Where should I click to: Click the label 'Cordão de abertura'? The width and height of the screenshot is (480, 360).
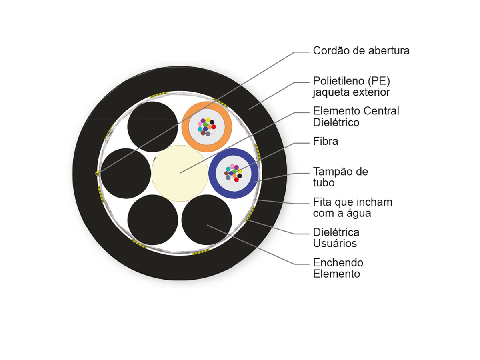[x=361, y=51]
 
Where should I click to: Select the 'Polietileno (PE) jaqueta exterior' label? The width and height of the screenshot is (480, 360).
[x=352, y=86]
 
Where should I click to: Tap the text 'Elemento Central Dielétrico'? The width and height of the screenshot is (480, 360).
[x=356, y=116]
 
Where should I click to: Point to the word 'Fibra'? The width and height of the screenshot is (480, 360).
[x=326, y=141]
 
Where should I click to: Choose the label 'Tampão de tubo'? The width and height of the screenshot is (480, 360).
[x=340, y=177]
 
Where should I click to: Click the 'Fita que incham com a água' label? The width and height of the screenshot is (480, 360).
[x=352, y=208]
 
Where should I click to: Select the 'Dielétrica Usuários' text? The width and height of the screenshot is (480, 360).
[x=336, y=238]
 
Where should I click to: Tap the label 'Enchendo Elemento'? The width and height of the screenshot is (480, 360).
[x=338, y=268]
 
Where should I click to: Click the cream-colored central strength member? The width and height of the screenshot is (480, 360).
[x=180, y=173]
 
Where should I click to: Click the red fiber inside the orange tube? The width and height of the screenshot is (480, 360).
[x=214, y=127]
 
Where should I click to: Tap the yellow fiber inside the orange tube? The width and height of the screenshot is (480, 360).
[x=208, y=120]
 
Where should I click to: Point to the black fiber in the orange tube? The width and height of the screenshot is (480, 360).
[x=212, y=122]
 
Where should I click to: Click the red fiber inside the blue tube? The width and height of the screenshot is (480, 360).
[x=236, y=180]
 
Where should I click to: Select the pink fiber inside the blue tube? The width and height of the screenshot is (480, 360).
[x=232, y=166]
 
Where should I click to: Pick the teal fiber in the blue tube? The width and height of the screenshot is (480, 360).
[x=228, y=169]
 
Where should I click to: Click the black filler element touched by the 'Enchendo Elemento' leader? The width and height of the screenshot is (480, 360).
[x=207, y=220]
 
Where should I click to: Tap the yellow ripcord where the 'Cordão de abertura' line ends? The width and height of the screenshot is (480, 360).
[x=97, y=174]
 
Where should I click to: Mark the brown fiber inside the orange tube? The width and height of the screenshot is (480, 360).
[x=203, y=133]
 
